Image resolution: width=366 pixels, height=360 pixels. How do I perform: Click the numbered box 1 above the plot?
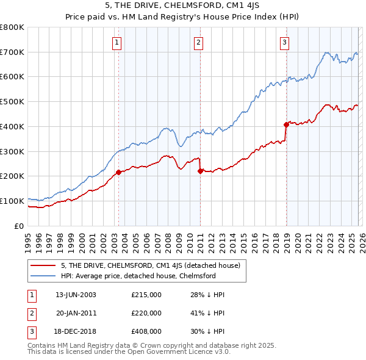click(x=117, y=42)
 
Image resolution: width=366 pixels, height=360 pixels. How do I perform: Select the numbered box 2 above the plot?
click(x=199, y=42)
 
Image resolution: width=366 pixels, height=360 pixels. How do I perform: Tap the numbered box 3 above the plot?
click(x=285, y=42)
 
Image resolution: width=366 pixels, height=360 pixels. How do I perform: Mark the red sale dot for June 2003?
click(x=118, y=172)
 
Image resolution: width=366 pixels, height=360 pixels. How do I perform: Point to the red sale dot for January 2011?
click(x=200, y=171)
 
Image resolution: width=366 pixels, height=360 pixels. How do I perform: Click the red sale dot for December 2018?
click(x=285, y=124)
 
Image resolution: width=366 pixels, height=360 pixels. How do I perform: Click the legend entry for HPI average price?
click(x=138, y=276)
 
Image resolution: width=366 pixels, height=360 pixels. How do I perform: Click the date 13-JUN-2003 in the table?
click(x=76, y=295)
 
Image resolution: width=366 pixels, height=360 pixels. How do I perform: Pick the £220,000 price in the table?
click(x=146, y=313)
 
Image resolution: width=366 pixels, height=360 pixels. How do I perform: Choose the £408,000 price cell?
click(x=146, y=331)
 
